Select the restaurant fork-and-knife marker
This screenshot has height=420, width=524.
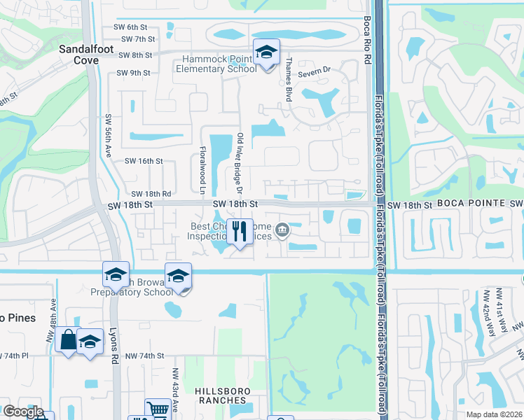(240, 230)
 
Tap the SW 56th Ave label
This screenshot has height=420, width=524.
(109, 136)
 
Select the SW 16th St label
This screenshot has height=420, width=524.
(144, 161)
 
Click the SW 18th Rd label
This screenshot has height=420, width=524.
(151, 194)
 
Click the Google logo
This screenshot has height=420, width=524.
(22, 412)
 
